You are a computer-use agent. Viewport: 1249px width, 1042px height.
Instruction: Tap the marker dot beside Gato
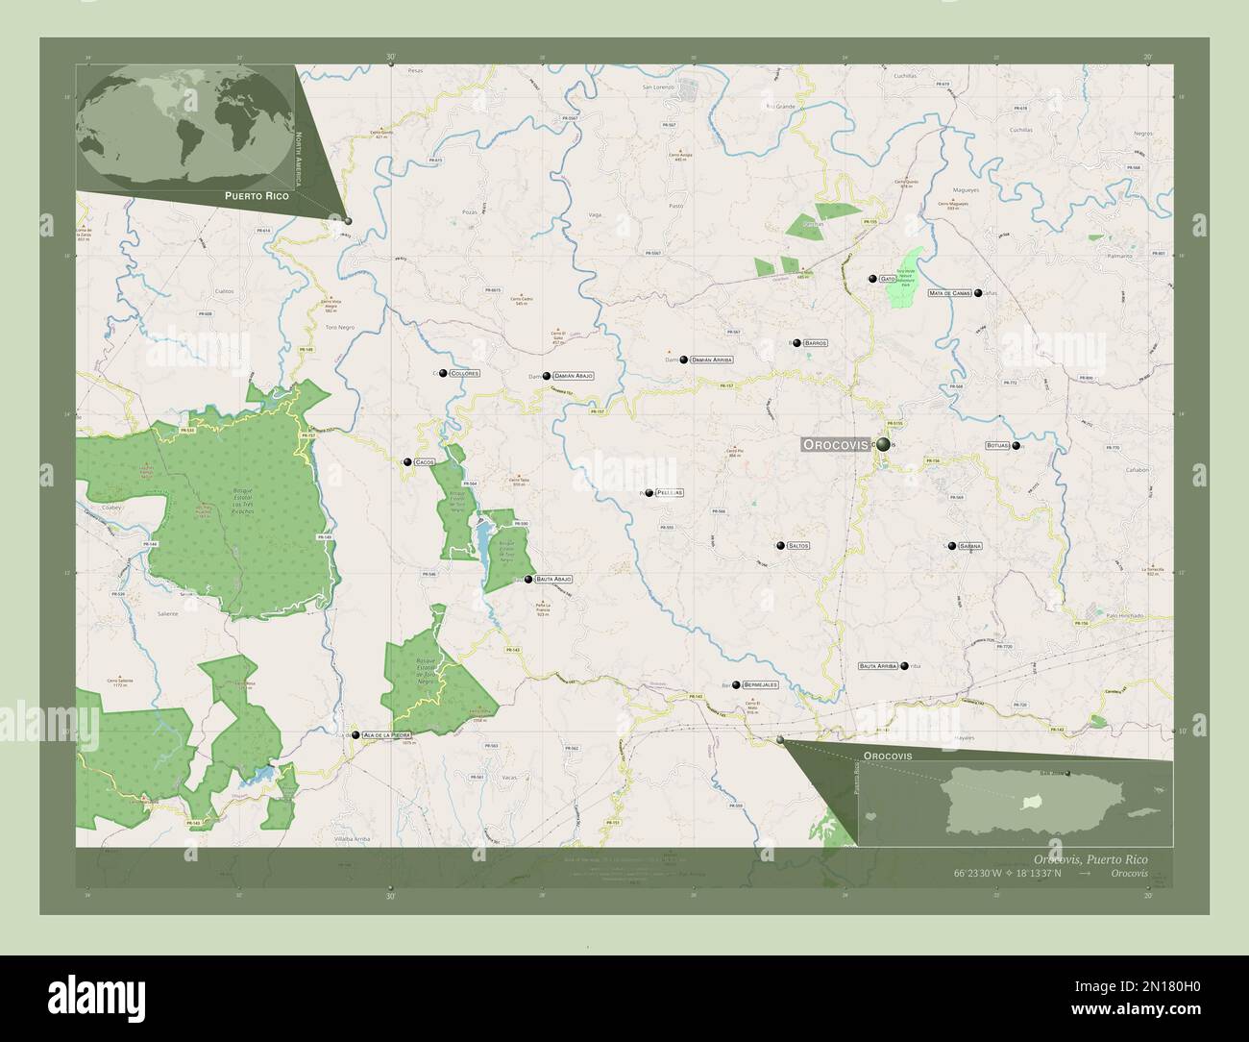tap(872, 279)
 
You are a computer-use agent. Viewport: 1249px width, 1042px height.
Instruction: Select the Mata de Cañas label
tap(949, 292)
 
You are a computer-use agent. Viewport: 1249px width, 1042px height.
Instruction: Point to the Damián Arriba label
tap(711, 360)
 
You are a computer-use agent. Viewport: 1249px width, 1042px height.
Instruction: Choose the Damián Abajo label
tap(574, 376)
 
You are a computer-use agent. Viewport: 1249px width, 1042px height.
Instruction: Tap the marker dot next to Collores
tap(443, 372)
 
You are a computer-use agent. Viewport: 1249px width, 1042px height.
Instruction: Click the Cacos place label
tap(425, 462)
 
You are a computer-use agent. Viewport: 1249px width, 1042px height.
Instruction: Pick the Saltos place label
tap(797, 545)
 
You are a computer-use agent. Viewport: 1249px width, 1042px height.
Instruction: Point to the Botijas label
tap(998, 446)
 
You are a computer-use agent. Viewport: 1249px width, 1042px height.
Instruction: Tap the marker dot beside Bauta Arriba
tap(904, 665)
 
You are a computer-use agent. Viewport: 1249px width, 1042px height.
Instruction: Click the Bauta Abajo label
tap(554, 580)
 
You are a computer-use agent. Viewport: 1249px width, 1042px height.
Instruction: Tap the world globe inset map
tap(183, 125)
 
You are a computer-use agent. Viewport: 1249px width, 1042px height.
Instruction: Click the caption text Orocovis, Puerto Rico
tap(1090, 858)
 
